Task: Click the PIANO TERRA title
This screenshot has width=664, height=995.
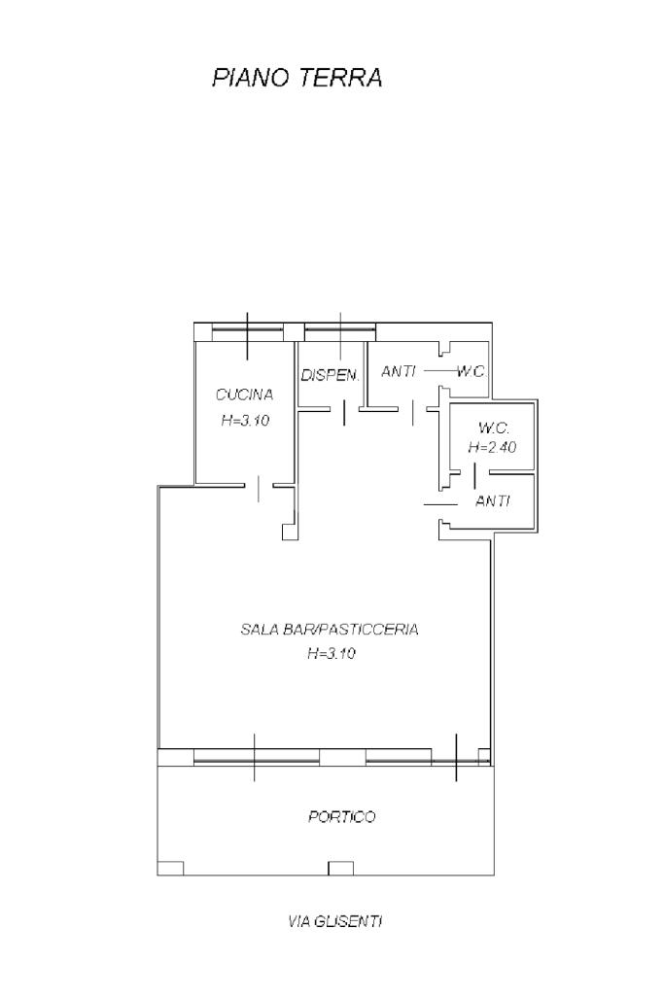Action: [297, 78]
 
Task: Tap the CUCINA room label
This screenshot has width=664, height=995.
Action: [244, 395]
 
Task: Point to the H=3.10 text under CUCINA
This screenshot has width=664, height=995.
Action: [245, 420]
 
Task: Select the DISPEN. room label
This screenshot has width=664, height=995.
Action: [331, 375]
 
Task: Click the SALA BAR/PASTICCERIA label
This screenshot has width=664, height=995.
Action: [330, 630]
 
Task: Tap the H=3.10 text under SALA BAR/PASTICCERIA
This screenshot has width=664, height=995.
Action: [331, 653]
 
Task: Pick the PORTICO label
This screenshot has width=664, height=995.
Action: [341, 816]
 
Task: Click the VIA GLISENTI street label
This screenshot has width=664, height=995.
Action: [334, 921]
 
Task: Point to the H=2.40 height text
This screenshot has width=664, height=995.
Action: [492, 447]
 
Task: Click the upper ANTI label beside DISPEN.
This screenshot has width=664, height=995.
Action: [398, 371]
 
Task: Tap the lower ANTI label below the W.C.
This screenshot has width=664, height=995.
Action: [493, 501]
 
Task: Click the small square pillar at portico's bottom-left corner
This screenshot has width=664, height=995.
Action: [170, 868]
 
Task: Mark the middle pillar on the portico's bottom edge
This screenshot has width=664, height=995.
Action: [340, 868]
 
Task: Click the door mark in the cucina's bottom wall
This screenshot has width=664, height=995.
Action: [259, 488]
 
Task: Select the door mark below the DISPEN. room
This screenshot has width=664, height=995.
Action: [344, 413]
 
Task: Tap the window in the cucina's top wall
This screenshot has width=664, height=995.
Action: [248, 329]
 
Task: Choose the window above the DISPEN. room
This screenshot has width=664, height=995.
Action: [340, 329]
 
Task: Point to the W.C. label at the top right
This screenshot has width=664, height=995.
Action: [471, 371]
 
